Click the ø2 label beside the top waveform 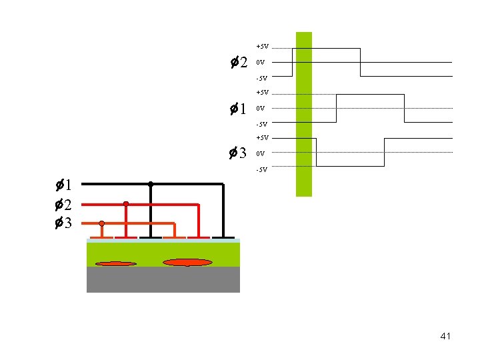tap(239, 63)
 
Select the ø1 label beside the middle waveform tap(239, 108)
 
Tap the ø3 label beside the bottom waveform tap(239, 153)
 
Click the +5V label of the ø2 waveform tap(262, 47)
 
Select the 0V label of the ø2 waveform tap(261, 63)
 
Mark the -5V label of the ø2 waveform tap(261, 79)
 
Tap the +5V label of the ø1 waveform tap(262, 92)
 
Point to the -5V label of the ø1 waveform tap(261, 124)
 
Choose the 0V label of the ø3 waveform tap(261, 153)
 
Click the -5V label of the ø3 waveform tap(261, 169)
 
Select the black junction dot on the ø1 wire tap(151, 184)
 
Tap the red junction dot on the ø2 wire tap(126, 204)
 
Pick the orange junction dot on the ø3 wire tap(102, 223)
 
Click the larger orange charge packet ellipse tap(187, 263)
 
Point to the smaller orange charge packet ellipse tap(115, 264)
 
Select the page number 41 tap(445, 336)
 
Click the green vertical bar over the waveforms tap(303, 113)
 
